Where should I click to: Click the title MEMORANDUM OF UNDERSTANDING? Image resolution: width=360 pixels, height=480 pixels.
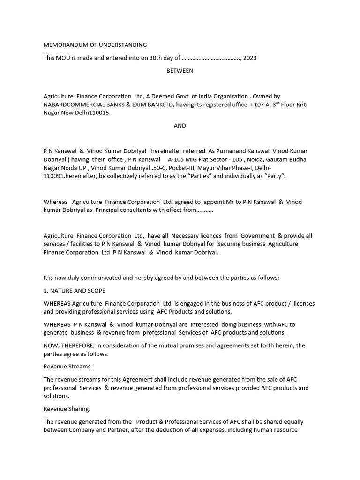[95, 45]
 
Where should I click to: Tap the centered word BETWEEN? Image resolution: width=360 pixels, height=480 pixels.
[180, 71]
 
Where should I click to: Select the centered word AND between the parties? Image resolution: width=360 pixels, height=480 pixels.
[180, 126]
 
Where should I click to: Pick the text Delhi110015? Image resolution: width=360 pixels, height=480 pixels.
[95, 113]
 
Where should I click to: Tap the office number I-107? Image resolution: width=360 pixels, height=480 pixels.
[258, 105]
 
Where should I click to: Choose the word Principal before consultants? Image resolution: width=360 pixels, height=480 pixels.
[110, 210]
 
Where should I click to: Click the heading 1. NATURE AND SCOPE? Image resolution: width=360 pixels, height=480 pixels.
[75, 291]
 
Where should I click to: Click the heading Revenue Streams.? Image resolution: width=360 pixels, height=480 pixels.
[69, 367]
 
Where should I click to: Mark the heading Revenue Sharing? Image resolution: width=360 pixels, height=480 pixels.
[67, 409]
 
